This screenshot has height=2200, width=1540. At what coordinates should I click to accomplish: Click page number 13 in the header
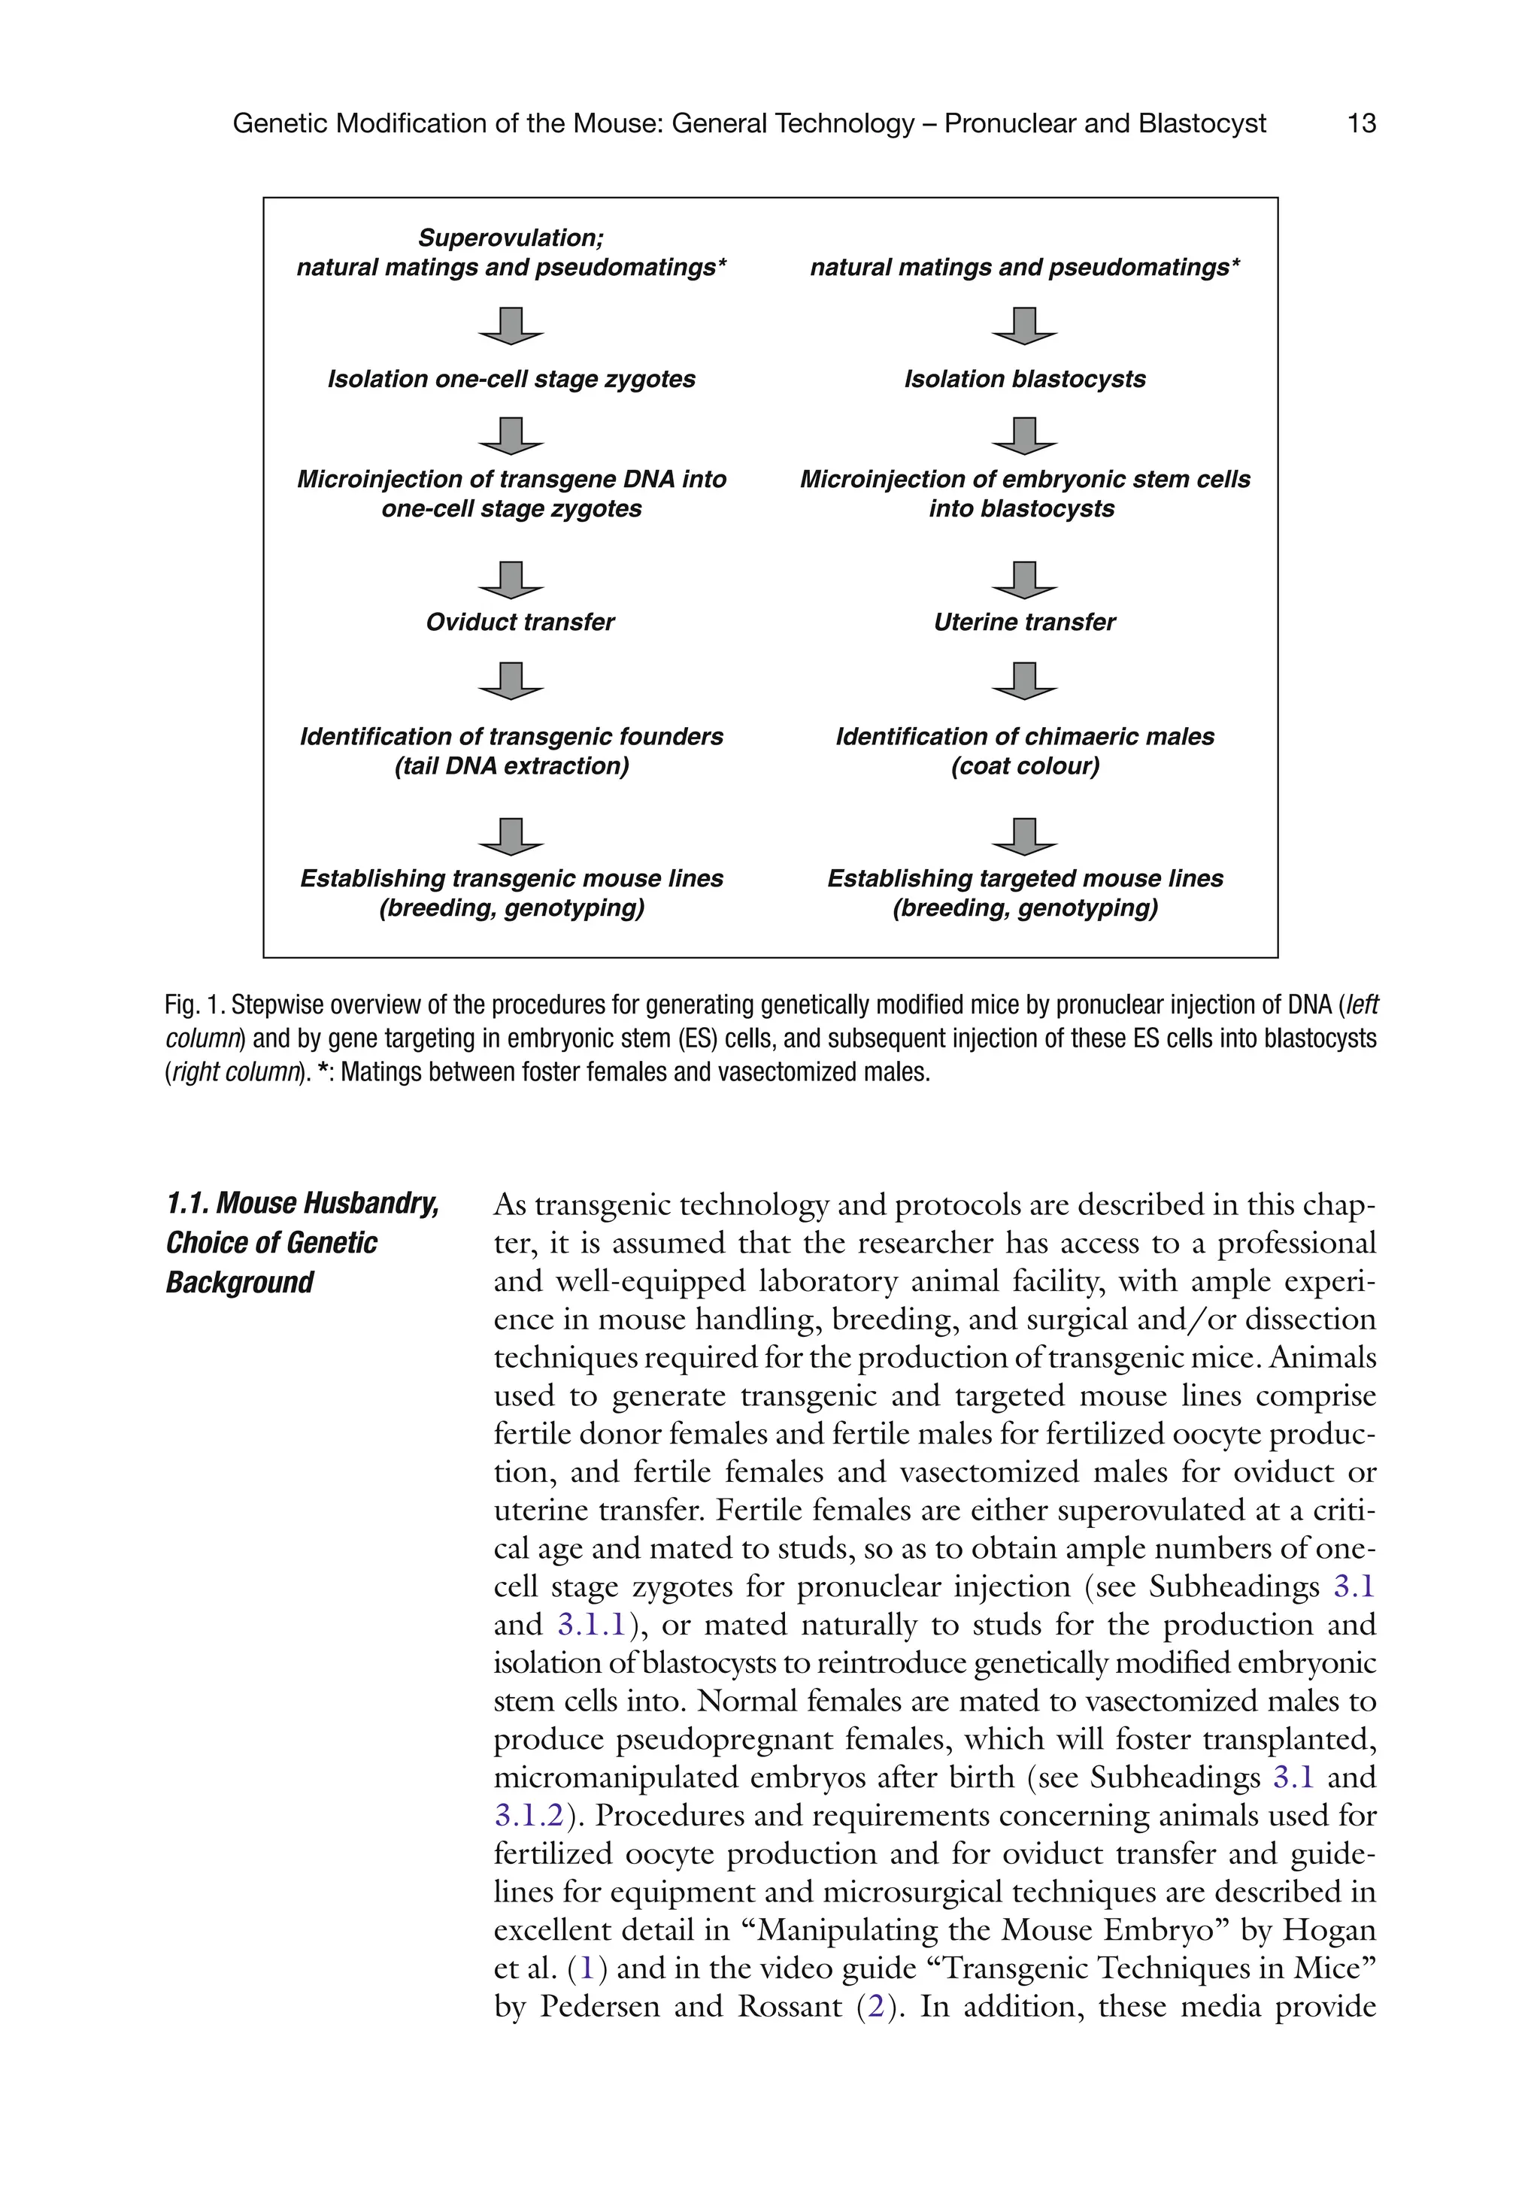(x=1361, y=123)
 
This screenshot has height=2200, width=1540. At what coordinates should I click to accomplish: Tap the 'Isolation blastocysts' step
(x=1024, y=380)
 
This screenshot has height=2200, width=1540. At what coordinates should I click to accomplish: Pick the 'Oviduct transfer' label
(x=520, y=623)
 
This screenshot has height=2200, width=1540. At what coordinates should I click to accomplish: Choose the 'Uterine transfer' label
(x=1024, y=623)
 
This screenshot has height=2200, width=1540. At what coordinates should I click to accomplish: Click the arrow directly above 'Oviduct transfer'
(x=512, y=580)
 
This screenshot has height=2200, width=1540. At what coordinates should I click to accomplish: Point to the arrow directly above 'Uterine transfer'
(x=1024, y=580)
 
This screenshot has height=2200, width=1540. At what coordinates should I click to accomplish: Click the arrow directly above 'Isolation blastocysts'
(x=1024, y=326)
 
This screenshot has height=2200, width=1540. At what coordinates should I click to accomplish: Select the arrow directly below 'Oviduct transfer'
(x=512, y=680)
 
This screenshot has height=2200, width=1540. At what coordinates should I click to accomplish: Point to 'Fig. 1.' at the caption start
(x=196, y=1005)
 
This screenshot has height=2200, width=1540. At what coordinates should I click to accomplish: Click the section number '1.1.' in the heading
(x=188, y=1204)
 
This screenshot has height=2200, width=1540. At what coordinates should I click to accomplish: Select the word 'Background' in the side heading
(x=240, y=1282)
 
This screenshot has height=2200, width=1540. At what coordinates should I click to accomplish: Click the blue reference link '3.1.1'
(x=591, y=1625)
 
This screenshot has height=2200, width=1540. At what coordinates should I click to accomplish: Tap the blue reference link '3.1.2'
(x=528, y=1816)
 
